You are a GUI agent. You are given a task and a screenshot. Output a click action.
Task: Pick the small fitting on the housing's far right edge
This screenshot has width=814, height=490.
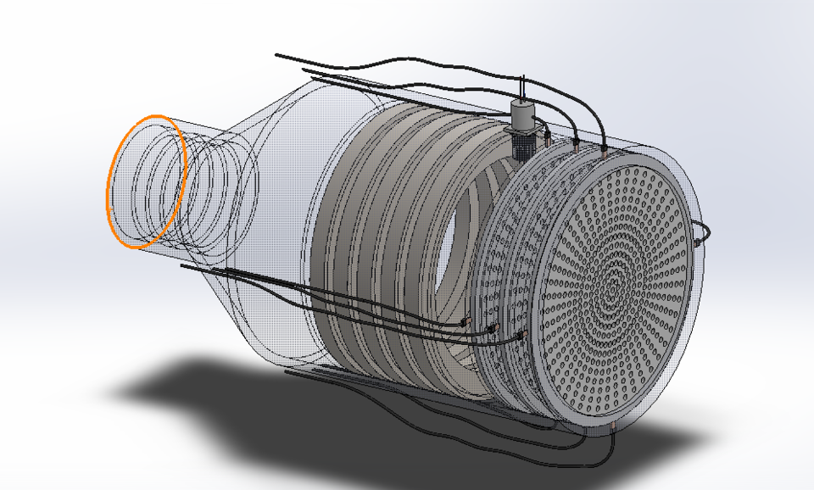(x=697, y=242)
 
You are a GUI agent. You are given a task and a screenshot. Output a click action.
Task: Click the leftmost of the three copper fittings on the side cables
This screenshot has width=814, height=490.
(x=465, y=321)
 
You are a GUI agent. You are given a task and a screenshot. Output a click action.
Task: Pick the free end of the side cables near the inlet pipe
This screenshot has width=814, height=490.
(x=182, y=265)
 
